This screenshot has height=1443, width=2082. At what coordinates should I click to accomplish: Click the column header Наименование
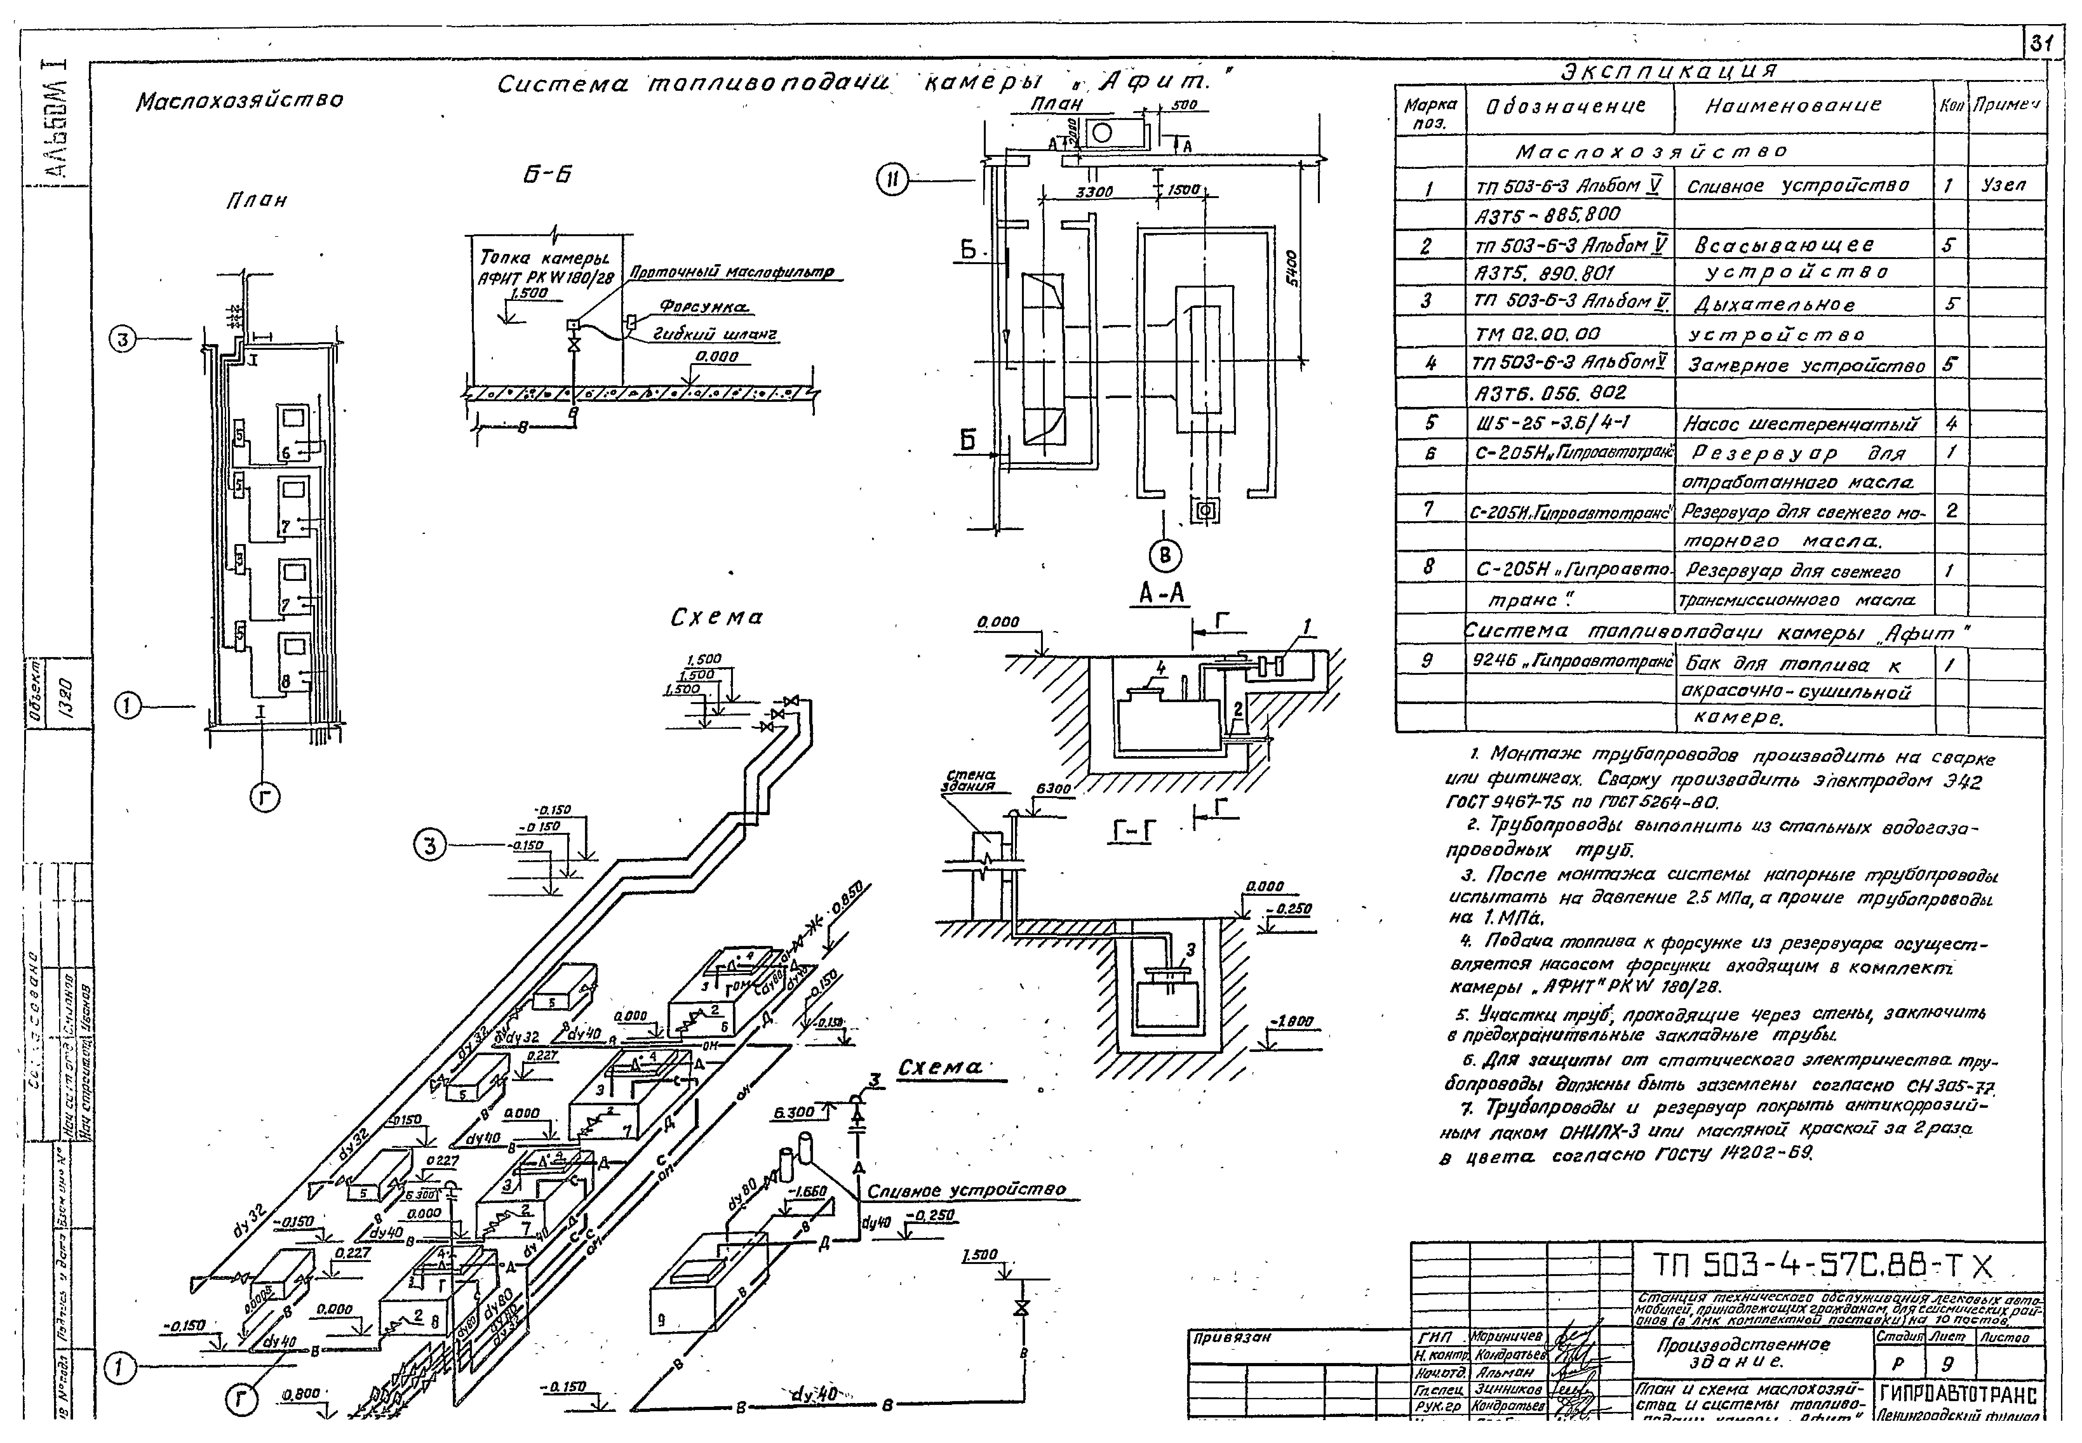(x=1793, y=106)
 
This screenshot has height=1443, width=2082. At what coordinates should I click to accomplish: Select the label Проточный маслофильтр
(x=731, y=272)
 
